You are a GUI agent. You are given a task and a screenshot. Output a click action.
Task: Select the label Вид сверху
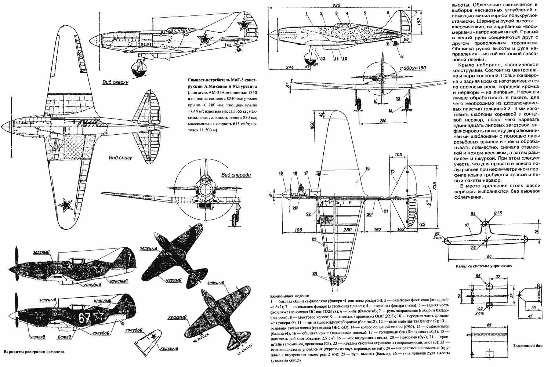115,83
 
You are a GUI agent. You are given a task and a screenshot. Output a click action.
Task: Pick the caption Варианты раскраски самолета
33,351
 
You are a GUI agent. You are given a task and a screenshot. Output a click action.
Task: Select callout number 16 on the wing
367,170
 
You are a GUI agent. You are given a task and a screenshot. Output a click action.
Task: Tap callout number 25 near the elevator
422,224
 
